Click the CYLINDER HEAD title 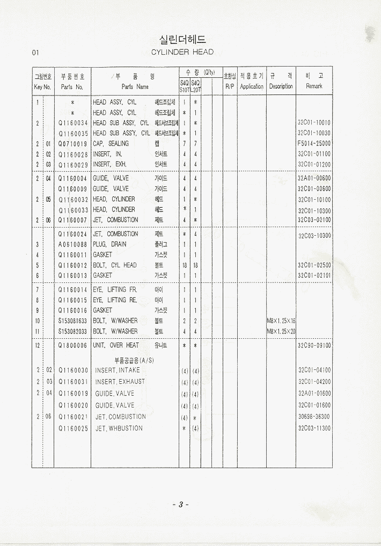[x=182, y=52]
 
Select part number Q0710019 [x=72, y=144]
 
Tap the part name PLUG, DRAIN [x=110, y=244]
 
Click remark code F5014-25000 [x=314, y=144]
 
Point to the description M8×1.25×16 [x=281, y=321]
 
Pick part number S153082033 [x=72, y=332]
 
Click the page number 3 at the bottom [x=181, y=505]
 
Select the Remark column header [x=314, y=81]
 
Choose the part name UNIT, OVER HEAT [x=116, y=346]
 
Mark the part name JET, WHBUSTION [x=119, y=428]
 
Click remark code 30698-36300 [x=314, y=417]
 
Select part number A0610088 [x=72, y=244]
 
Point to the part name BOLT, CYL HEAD [x=115, y=265]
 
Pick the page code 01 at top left [x=36, y=53]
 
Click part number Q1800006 [x=72, y=346]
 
